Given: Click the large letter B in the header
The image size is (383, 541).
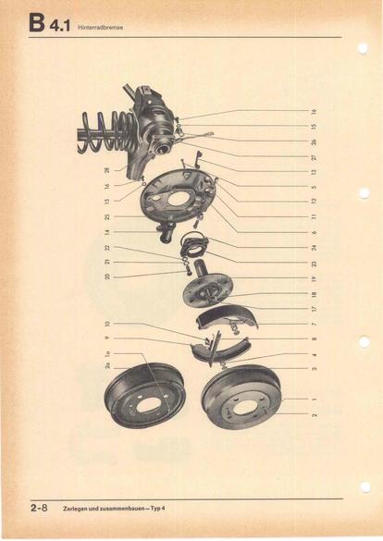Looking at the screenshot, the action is (37, 23).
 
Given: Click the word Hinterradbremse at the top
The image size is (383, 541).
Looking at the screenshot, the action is (100, 27).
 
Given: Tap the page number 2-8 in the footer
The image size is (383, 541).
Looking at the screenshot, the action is (39, 509).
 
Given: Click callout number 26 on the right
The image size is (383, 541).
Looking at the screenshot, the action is (314, 141).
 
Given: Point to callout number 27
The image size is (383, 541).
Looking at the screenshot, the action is (314, 158).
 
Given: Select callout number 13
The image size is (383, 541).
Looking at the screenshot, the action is (314, 172).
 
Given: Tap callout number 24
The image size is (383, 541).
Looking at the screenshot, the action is (314, 248).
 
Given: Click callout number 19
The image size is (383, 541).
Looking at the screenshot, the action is (314, 278).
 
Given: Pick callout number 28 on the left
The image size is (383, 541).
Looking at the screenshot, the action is (107, 170).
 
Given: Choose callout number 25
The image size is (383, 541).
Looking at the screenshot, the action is (107, 216).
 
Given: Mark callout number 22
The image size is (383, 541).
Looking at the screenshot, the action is (107, 248).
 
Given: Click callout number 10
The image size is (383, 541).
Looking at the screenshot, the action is (107, 324).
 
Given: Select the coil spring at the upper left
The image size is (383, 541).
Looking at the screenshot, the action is (108, 131).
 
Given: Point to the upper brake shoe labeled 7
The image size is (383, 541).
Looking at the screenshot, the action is (226, 319).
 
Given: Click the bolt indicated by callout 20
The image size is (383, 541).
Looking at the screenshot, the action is (189, 272).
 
